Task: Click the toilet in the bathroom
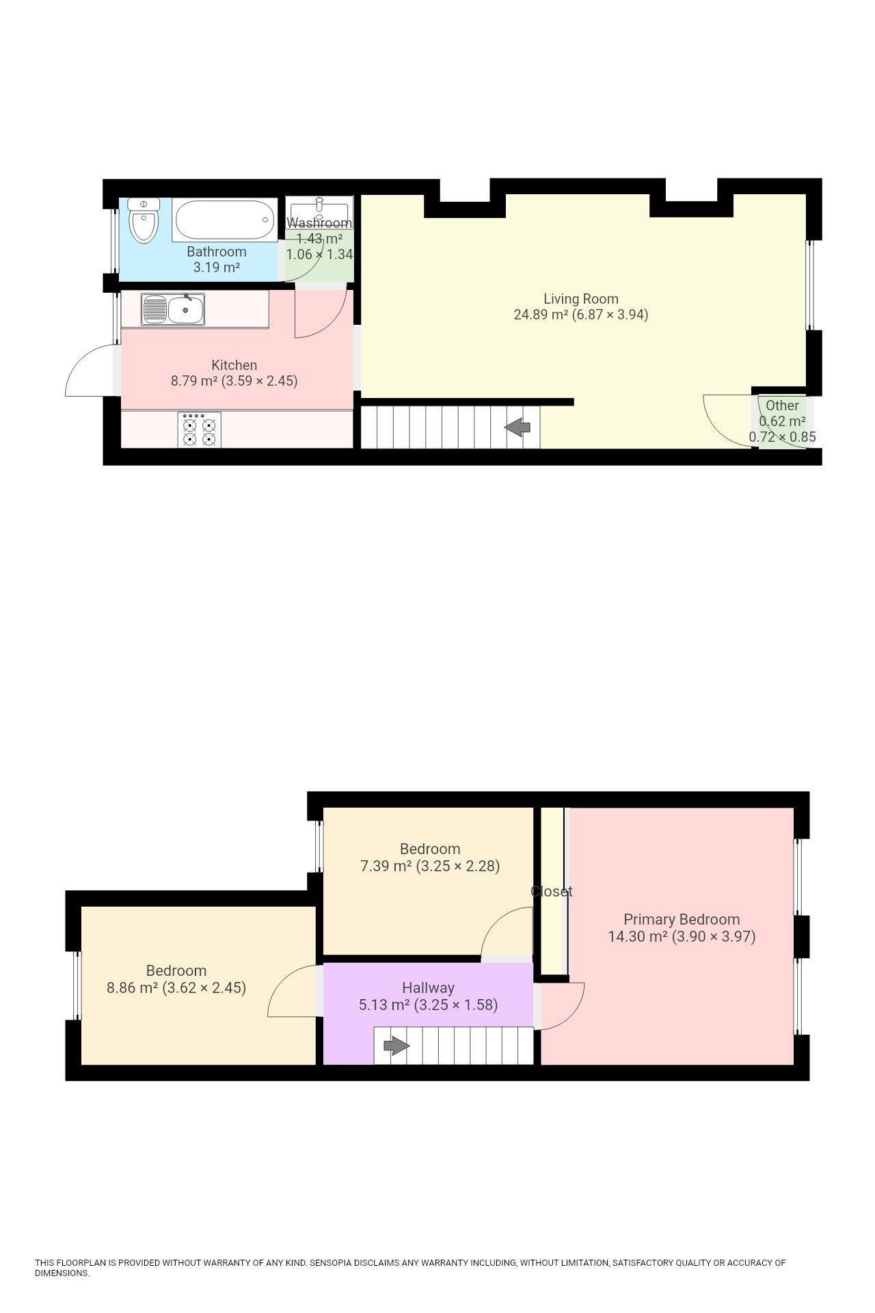(x=144, y=220)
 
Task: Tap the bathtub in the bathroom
(x=225, y=220)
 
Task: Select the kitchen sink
(x=173, y=309)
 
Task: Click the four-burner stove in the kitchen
(x=199, y=429)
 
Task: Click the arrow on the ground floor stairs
(x=517, y=427)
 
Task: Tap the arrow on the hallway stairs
(x=396, y=1046)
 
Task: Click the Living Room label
(x=581, y=299)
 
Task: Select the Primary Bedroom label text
(x=682, y=920)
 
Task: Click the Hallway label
(x=428, y=987)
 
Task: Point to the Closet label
(x=552, y=892)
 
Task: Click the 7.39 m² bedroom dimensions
(x=430, y=866)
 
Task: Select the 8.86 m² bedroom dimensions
(x=176, y=987)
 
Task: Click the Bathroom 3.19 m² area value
(x=217, y=267)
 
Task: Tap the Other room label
(x=782, y=406)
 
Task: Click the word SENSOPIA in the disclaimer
(x=330, y=1262)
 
